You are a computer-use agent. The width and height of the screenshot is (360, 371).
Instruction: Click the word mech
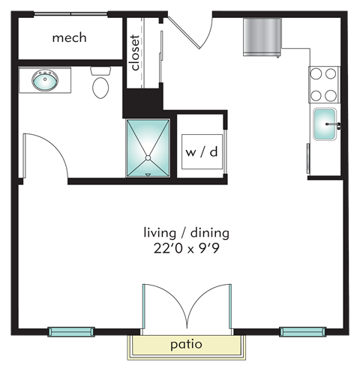point(69,38)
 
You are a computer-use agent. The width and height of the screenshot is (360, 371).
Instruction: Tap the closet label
point(135,52)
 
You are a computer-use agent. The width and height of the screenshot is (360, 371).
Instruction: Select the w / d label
point(202,152)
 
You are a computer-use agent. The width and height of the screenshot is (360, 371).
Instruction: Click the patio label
point(186,345)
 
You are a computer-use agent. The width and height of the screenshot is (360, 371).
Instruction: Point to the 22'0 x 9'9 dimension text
point(187,249)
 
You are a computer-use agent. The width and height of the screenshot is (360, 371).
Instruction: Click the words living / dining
point(187,233)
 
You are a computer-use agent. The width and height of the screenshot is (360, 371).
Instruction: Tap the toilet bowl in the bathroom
point(100,88)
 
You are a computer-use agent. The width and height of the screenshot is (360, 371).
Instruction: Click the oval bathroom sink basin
point(45,80)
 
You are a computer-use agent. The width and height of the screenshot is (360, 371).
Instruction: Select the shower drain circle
point(148,158)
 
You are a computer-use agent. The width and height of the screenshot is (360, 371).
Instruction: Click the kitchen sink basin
point(325,124)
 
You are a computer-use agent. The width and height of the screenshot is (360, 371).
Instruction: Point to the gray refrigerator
point(262,37)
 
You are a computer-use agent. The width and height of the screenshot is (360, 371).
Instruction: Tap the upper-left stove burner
point(316,73)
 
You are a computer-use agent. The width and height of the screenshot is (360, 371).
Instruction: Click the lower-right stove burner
point(331,95)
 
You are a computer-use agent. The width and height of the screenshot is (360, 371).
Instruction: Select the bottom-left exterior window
point(71,332)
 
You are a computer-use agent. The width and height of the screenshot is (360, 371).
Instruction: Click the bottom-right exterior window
point(303,332)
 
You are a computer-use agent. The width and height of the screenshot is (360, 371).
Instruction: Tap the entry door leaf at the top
point(184,32)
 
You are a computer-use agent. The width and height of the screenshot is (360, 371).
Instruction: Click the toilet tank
point(100,70)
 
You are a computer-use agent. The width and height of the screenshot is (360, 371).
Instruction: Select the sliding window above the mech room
point(70,14)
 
